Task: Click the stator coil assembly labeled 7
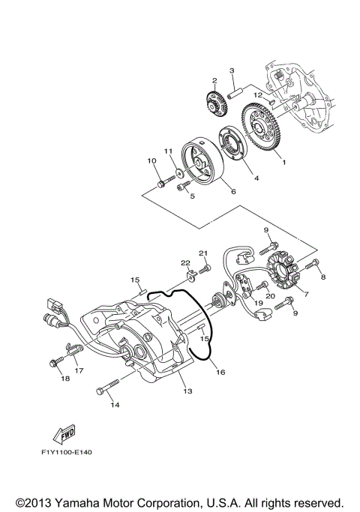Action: coord(283,274)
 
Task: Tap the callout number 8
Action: coord(323,277)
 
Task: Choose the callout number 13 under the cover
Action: coord(186,391)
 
